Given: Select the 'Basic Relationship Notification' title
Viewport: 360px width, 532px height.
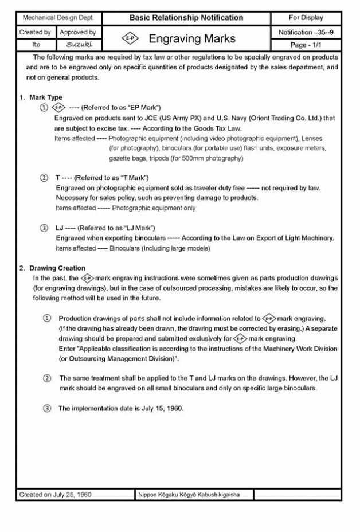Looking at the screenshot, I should [x=186, y=18].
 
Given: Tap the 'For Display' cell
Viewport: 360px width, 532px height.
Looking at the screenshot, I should [x=306, y=18].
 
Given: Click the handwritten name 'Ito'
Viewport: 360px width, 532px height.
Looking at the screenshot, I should [x=36, y=44].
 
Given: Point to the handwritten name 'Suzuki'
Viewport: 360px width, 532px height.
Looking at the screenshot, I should [x=76, y=44].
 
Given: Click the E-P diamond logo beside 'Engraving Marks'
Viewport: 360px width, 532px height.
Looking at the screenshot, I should [x=128, y=39].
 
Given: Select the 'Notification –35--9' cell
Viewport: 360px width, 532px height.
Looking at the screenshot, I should [x=306, y=33].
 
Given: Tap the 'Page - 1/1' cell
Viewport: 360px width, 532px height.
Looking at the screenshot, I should [x=306, y=44].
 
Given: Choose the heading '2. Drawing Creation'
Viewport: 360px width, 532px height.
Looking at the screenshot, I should [x=52, y=268].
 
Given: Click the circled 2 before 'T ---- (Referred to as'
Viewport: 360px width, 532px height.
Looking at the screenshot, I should [x=44, y=178].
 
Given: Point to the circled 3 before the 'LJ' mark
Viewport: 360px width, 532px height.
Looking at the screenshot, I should [x=44, y=228].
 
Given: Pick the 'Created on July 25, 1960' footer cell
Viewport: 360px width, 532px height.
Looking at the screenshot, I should [x=56, y=494].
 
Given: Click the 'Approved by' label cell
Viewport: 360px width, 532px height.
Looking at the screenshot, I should [x=78, y=33].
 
